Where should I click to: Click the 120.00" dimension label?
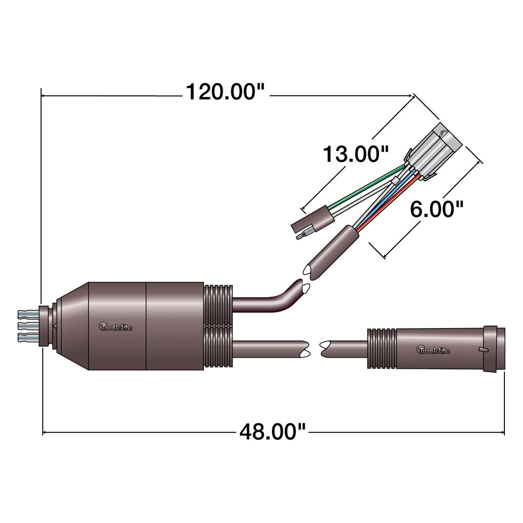point(225,92)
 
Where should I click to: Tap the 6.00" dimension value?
point(437,209)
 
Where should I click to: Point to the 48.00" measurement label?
point(272,432)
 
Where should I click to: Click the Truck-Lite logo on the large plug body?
point(115,326)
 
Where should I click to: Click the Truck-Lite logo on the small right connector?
point(433,349)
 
